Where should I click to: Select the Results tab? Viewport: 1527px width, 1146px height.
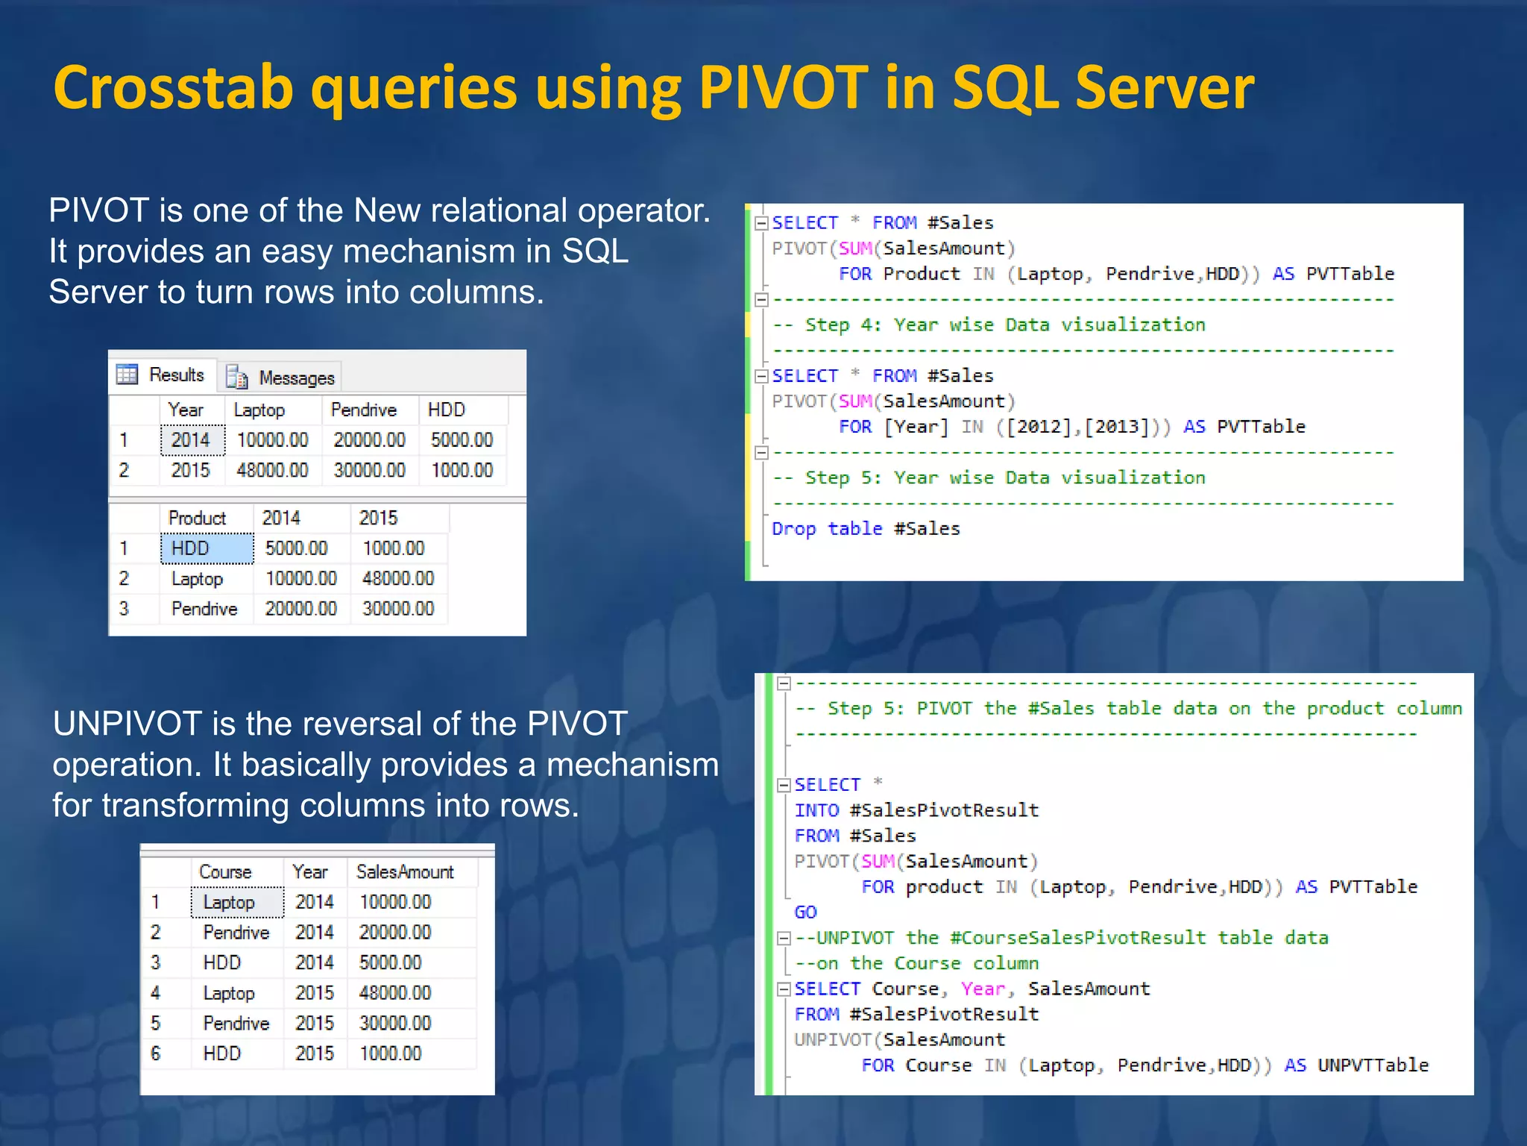(175, 375)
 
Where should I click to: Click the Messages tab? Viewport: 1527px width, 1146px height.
(296, 378)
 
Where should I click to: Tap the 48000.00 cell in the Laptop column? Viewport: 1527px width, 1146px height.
(272, 470)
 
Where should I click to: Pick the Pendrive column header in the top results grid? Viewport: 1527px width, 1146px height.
(363, 410)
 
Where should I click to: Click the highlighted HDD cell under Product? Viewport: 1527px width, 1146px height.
(207, 548)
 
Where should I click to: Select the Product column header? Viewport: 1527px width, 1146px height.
(197, 518)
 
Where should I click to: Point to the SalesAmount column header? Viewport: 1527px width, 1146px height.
(405, 871)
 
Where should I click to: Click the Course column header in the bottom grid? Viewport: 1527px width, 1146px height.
(225, 871)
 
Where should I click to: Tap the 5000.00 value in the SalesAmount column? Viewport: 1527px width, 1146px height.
(390, 962)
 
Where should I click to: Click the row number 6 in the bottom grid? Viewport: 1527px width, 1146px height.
(155, 1053)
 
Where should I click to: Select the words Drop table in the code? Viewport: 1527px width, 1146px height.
(827, 529)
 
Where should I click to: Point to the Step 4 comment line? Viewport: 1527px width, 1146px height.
(989, 325)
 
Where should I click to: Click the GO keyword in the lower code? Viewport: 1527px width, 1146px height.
(805, 912)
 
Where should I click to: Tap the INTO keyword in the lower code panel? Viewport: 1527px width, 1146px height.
(816, 810)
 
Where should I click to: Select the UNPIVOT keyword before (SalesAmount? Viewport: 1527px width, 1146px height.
(833, 1040)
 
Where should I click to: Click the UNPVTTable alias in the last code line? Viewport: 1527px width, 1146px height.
(1373, 1065)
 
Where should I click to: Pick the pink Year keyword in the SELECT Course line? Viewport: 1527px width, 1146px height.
(983, 989)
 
